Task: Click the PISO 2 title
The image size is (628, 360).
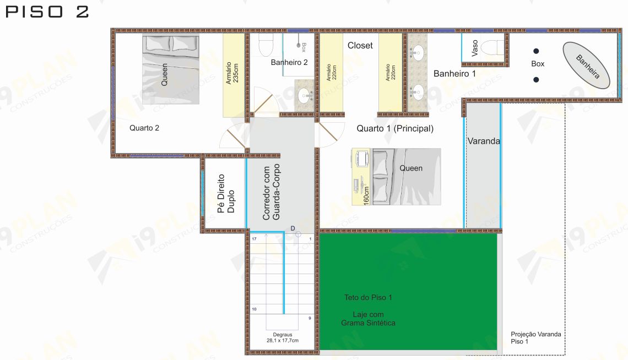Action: (47, 12)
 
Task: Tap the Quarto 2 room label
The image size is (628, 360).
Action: (144, 128)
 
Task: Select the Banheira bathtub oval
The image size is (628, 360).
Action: (586, 66)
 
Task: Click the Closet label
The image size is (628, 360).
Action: (360, 46)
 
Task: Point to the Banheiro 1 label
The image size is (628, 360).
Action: (454, 74)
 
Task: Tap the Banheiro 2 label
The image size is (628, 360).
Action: (289, 62)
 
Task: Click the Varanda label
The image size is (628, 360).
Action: (484, 141)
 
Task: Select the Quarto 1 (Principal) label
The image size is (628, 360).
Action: (395, 128)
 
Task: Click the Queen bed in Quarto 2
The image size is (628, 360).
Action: (171, 70)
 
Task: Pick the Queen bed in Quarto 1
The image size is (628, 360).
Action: (407, 177)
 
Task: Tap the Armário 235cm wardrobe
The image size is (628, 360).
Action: (234, 75)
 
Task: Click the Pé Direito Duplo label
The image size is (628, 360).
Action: (225, 194)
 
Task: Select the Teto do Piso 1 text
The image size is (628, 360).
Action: (368, 298)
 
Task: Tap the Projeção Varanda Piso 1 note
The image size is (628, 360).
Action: (536, 337)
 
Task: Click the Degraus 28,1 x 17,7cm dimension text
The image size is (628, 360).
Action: (283, 337)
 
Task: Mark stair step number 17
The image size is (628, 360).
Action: (254, 239)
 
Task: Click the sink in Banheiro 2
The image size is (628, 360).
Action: (306, 95)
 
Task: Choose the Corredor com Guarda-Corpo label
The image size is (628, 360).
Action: (271, 192)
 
